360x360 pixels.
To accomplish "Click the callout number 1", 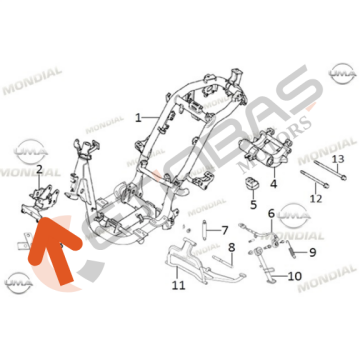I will pyautogui.click(x=138, y=117).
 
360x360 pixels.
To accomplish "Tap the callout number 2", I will pyautogui.click(x=39, y=171).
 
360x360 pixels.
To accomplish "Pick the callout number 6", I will pyautogui.click(x=271, y=212).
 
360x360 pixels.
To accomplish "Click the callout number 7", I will pyautogui.click(x=225, y=229).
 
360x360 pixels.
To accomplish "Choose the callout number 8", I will pyautogui.click(x=231, y=248).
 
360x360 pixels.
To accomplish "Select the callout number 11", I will pyautogui.click(x=179, y=285).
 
